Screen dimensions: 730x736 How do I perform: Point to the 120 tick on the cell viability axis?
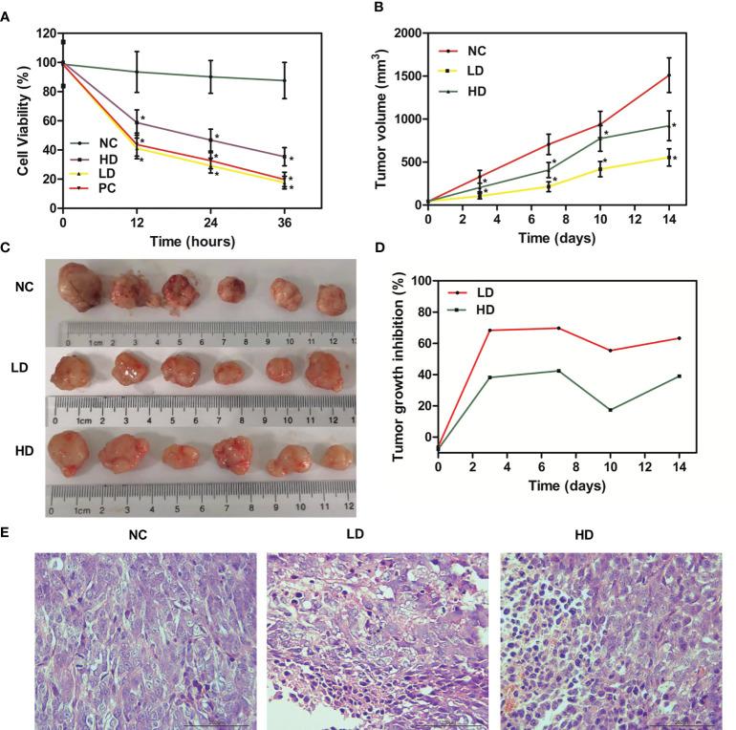coord(44,34)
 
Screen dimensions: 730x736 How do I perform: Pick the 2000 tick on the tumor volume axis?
coord(400,34)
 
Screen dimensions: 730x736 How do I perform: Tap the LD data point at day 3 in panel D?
coord(490,331)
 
